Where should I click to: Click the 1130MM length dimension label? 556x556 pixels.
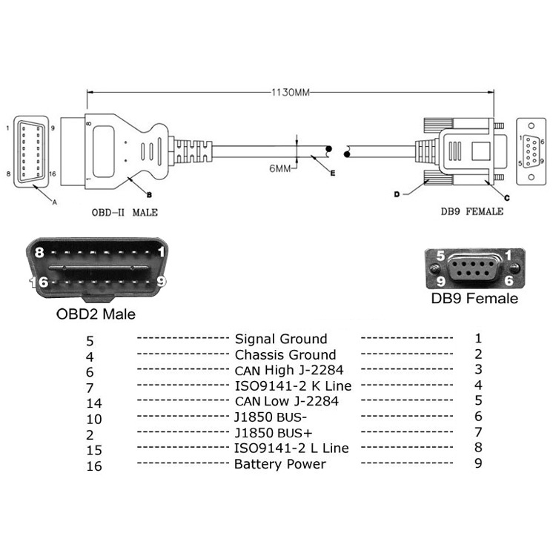291,93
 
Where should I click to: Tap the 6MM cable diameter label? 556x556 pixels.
279,168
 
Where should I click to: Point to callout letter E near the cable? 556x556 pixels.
332,173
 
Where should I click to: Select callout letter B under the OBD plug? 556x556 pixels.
149,195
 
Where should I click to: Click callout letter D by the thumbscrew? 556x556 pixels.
397,194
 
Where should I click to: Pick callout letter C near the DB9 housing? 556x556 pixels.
507,198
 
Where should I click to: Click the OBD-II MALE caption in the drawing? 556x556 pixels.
125,213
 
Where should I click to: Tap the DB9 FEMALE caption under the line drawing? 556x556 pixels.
472,211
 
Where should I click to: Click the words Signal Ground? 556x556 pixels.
281,339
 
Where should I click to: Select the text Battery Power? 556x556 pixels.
280,464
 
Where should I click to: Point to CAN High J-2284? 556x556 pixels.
289,370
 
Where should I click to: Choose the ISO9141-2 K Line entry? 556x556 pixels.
293,385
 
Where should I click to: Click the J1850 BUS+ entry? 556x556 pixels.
274,433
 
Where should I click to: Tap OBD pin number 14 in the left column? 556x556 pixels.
94,403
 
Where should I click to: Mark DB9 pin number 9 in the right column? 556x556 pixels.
478,463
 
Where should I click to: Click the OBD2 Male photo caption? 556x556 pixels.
96,314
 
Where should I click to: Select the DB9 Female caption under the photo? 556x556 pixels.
474,298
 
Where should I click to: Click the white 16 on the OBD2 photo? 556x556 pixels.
39,282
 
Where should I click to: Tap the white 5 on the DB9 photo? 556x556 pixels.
440,255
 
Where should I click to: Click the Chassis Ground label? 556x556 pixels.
285,354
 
